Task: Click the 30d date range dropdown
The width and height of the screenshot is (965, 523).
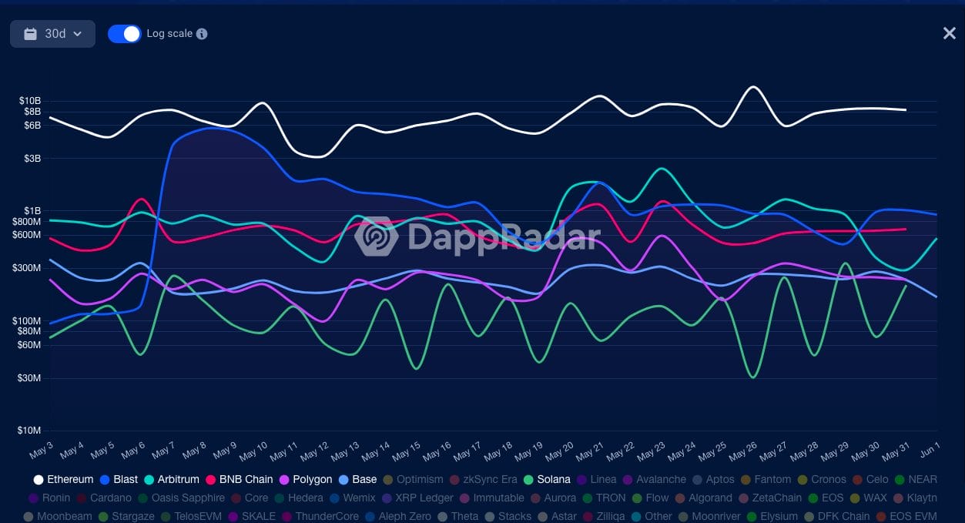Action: (52, 34)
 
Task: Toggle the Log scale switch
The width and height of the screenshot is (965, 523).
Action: (124, 34)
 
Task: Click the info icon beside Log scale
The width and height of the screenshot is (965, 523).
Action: (202, 34)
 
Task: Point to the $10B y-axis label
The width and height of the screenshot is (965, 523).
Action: (30, 101)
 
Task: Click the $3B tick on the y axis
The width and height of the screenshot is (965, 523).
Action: (32, 159)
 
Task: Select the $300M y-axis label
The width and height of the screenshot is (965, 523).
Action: (28, 268)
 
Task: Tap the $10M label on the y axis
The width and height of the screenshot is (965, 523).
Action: (30, 431)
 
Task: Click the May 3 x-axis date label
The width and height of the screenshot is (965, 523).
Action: (42, 449)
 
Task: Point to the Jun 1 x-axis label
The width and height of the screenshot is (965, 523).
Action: (930, 449)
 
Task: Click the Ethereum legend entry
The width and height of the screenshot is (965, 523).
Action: (64, 479)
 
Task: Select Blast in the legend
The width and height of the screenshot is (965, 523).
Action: (119, 479)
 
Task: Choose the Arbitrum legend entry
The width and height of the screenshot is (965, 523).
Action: (172, 479)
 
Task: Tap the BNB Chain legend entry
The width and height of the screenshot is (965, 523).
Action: (240, 479)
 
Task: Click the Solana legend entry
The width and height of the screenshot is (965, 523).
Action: (548, 479)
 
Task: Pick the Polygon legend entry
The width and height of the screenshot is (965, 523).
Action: (307, 479)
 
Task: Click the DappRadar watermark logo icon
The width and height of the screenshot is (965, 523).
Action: (377, 236)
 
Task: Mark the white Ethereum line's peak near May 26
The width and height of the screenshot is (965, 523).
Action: (752, 87)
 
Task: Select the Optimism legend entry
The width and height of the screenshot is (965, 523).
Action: (414, 479)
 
